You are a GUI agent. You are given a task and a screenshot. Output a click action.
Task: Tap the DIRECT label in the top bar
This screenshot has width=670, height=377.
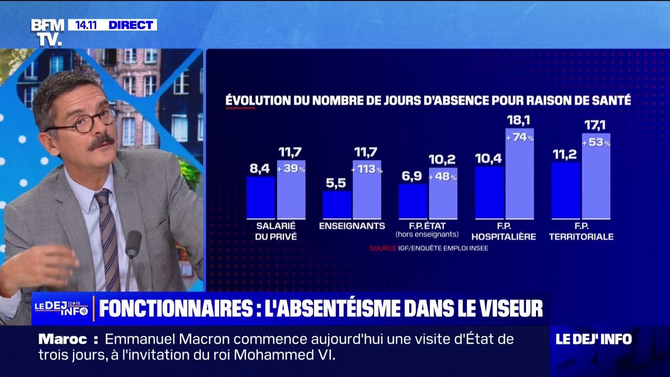[130, 25]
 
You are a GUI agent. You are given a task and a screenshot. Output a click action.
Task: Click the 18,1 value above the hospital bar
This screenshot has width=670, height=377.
[519, 120]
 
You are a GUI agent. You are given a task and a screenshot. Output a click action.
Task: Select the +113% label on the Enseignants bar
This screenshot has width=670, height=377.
[367, 170]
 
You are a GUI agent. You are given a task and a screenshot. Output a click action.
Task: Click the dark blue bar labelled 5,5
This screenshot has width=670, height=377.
[337, 205]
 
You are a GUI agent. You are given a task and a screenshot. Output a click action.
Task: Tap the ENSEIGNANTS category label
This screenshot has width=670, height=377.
[352, 226]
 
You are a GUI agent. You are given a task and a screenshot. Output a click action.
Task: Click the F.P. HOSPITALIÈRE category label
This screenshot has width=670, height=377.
[504, 231]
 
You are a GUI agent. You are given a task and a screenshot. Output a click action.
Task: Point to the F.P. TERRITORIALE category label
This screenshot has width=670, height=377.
[581, 231]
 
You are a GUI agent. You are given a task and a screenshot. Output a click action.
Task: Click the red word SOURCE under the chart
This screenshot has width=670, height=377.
[383, 248]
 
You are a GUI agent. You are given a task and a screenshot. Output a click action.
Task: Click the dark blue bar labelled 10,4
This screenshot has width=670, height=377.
[489, 192]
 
